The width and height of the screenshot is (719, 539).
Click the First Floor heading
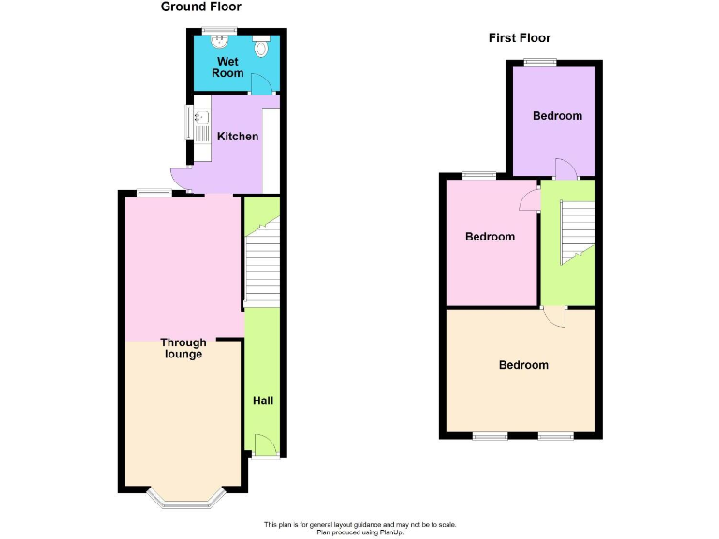coord(520,38)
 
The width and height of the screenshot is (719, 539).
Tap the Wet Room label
coord(227,66)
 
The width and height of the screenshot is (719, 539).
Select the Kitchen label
coord(238,137)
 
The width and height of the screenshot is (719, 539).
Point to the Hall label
coord(263,401)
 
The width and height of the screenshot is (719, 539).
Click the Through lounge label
coord(183,348)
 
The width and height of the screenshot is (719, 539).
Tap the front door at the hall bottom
coord(265,447)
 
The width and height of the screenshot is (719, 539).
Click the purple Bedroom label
coord(557,116)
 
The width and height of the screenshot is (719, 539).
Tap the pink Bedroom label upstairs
coord(490,237)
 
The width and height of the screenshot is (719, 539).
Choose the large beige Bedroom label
coord(523,365)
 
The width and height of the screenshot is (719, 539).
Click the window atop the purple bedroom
coord(539,63)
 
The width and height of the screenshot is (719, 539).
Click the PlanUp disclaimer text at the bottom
coord(359,528)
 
